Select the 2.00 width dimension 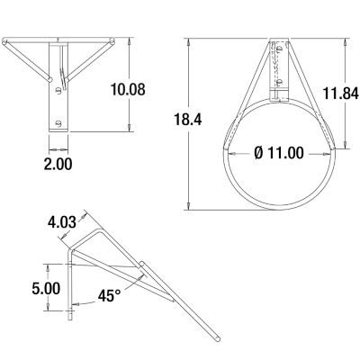coord(58,164)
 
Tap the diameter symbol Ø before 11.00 coord(259,153)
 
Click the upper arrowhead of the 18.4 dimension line coord(188,41)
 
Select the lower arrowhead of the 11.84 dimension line coord(347,145)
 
